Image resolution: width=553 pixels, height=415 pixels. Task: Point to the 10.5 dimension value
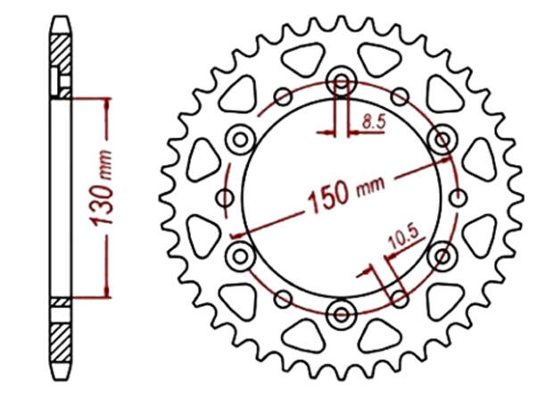click(x=404, y=238)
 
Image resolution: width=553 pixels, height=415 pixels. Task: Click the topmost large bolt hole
click(x=341, y=80)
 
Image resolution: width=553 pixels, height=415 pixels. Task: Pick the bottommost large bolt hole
click(x=341, y=313)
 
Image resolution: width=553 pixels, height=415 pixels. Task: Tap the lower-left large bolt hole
click(x=240, y=256)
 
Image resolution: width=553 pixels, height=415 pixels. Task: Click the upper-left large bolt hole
click(x=240, y=138)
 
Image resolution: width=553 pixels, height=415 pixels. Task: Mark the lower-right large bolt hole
click(x=442, y=256)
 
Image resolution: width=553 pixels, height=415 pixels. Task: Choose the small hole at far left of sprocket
click(x=224, y=197)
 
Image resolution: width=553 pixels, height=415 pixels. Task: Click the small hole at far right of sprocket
click(x=458, y=197)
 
